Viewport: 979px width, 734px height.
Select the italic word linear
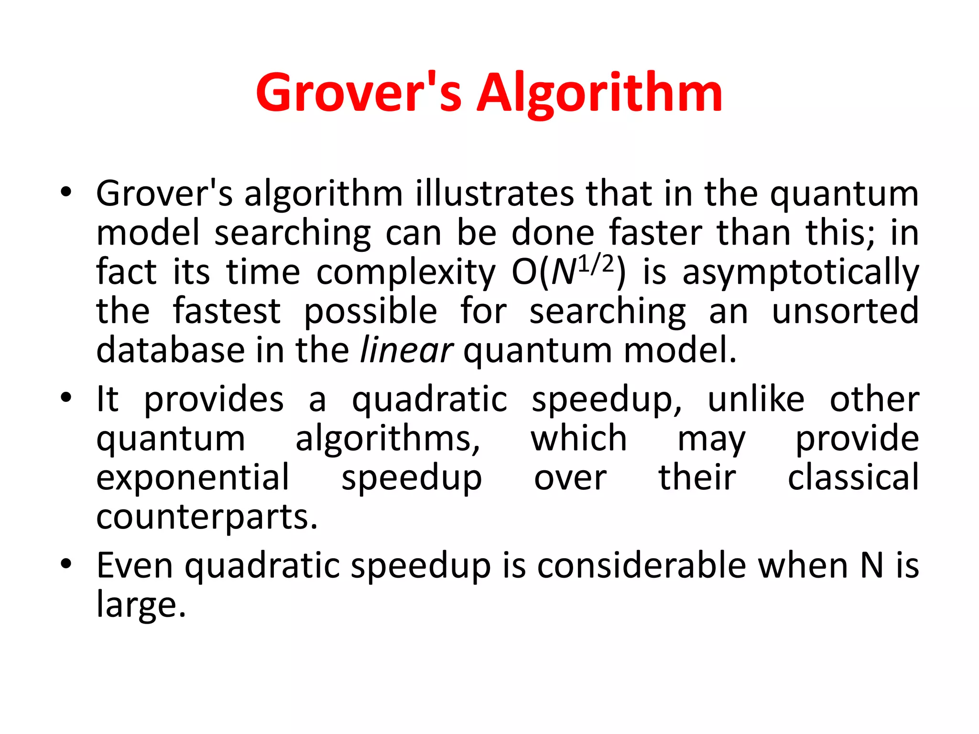pyautogui.click(x=406, y=350)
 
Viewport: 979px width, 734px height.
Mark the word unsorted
pyautogui.click(x=845, y=311)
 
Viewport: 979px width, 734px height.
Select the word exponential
pyautogui.click(x=193, y=477)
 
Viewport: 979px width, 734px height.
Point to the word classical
pyautogui.click(x=853, y=477)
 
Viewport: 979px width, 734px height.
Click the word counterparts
pyautogui.click(x=207, y=517)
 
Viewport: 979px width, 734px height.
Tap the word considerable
pyautogui.click(x=642, y=565)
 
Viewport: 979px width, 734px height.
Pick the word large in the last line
pyautogui.click(x=141, y=605)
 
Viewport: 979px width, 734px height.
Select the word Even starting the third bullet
pyautogui.click(x=135, y=565)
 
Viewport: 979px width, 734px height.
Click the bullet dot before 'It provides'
pyautogui.click(x=66, y=398)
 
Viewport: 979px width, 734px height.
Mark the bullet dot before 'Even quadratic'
pyautogui.click(x=66, y=564)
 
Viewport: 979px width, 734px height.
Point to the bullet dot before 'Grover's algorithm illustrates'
pyautogui.click(x=66, y=193)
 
